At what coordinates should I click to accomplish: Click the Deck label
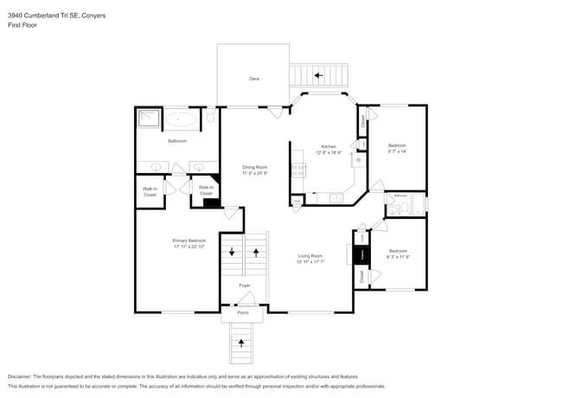tap(254, 79)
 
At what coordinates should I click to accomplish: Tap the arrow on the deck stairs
tap(318, 76)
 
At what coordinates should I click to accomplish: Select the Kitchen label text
tap(329, 146)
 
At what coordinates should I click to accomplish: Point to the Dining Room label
tap(254, 167)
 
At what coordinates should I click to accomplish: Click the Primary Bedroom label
tap(188, 241)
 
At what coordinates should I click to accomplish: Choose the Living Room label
tap(310, 255)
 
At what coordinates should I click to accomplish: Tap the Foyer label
tap(245, 285)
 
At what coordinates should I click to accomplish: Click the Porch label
tap(243, 312)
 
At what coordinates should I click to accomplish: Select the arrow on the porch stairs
tap(242, 343)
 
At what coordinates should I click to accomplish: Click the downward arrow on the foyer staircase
tap(232, 252)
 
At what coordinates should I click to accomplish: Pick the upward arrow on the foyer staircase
tap(256, 252)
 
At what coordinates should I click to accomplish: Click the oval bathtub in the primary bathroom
tap(181, 119)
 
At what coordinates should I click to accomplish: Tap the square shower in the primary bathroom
tap(148, 119)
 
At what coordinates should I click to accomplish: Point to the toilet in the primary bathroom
tap(210, 114)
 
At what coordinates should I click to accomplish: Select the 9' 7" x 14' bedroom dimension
tap(397, 151)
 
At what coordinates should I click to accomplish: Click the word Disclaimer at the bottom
tap(23, 377)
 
